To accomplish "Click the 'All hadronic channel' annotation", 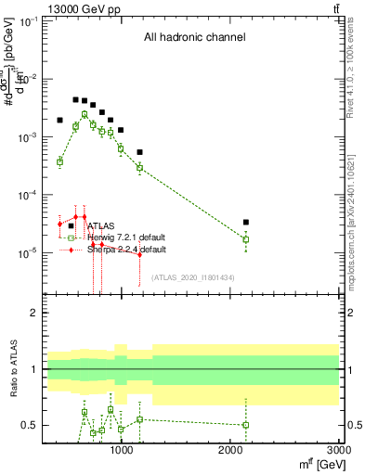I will pyautogui.click(x=193, y=38).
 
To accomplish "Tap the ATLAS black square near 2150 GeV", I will pyautogui.click(x=245, y=223).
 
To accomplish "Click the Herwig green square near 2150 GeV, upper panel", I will pyautogui.click(x=245, y=239).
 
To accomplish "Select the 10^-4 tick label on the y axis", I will pyautogui.click(x=26, y=195).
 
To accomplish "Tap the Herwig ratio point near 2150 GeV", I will pyautogui.click(x=245, y=425).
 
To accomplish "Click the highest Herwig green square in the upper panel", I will pyautogui.click(x=85, y=114).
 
